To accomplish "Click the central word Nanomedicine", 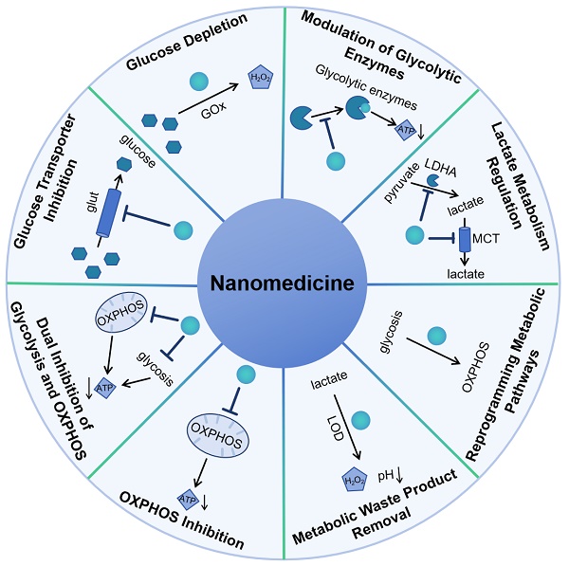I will tap(284, 282).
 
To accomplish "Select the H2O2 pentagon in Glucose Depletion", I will tap(260, 79).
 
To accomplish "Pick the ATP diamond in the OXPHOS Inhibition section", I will tap(188, 495).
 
